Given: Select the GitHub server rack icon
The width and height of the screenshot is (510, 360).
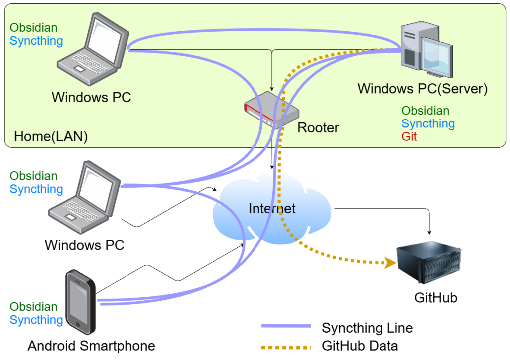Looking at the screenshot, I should click(429, 263).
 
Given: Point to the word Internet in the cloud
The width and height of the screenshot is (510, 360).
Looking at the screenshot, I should click(272, 208).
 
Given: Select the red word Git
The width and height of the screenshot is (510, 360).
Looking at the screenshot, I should click(409, 136).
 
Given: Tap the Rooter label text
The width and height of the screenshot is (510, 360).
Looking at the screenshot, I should click(318, 128).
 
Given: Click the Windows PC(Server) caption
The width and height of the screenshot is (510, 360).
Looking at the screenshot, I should click(422, 89).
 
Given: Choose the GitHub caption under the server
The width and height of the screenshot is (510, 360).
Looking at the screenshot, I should click(436, 298).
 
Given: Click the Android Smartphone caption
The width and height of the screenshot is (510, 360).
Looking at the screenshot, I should click(92, 346).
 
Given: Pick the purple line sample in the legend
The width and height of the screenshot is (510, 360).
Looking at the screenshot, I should click(286, 326).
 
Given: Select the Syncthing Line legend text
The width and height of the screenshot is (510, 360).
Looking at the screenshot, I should click(367, 328).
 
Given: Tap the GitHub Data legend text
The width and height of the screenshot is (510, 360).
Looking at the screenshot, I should click(360, 345).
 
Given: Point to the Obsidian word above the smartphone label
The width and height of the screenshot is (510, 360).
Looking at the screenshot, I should click(34, 307).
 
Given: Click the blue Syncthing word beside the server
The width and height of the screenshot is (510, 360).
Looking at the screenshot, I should click(428, 123).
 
